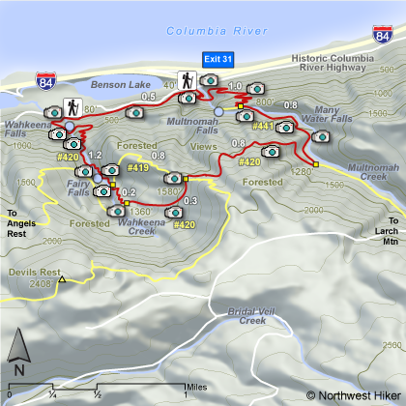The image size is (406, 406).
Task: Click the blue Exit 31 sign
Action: [217, 59]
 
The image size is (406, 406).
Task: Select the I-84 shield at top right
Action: [383, 40]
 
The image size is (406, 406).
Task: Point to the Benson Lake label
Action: [117, 85]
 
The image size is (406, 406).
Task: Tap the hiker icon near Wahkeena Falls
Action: [72, 106]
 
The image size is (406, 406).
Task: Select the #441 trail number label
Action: [262, 127]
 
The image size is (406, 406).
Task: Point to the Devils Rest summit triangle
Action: [61, 280]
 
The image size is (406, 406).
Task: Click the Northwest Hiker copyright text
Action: [352, 394]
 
